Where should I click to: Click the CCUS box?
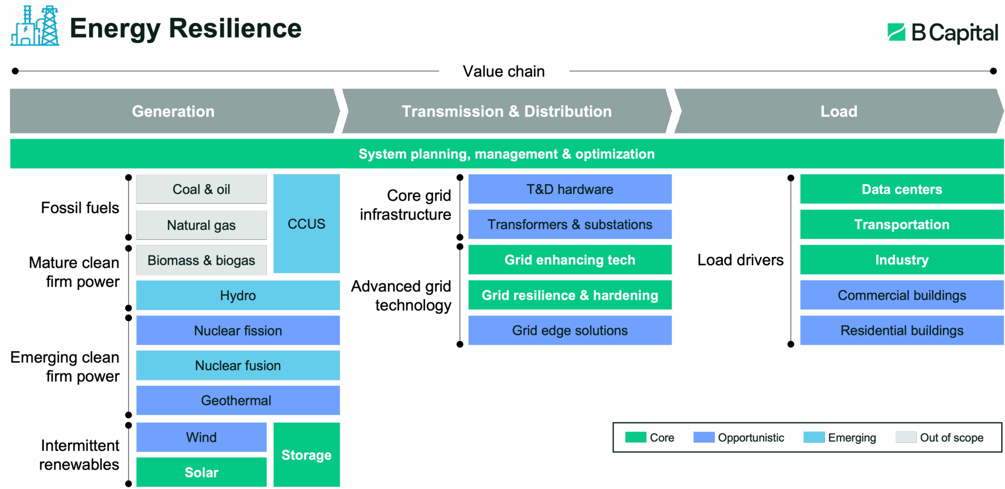pos(306,224)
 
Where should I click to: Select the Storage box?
pos(306,454)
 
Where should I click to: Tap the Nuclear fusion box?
pos(238,365)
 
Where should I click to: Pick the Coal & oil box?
pos(202,189)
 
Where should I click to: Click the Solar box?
pos(202,472)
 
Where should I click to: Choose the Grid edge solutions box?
pos(569,330)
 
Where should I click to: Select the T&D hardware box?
pos(569,189)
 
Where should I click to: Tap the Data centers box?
pos(902,189)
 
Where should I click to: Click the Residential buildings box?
pos(902,330)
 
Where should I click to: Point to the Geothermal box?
pos(238,401)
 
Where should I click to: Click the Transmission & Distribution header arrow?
pos(507,111)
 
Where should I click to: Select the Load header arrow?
pos(839,111)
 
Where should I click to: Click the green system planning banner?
pos(507,153)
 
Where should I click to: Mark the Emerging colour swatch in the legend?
pos(814,437)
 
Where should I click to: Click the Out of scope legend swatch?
pos(906,437)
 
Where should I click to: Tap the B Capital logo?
pos(943,32)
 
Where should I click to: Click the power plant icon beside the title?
pos(35,26)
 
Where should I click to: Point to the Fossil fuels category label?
pos(80,208)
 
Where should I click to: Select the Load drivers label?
pos(740,260)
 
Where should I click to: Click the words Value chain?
pos(504,71)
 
